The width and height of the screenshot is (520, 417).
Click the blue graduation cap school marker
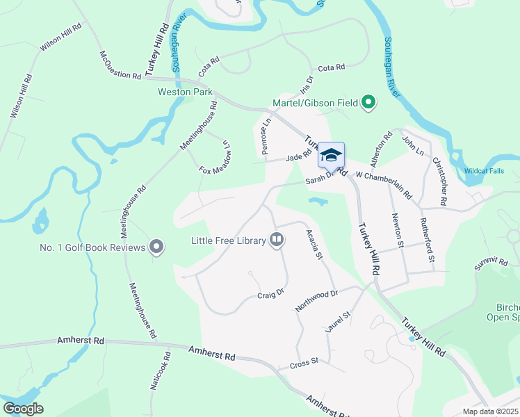[331, 154]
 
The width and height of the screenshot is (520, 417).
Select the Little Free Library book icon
[277, 240]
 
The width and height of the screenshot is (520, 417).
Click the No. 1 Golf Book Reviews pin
[156, 247]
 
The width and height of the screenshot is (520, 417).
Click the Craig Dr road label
[271, 294]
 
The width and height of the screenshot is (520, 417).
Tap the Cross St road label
[304, 361]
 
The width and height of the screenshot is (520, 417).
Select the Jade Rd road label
[298, 157]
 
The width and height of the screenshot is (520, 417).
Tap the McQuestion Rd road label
[120, 65]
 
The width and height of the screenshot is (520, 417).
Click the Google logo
[23, 409]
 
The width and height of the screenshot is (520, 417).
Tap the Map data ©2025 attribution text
[489, 411]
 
